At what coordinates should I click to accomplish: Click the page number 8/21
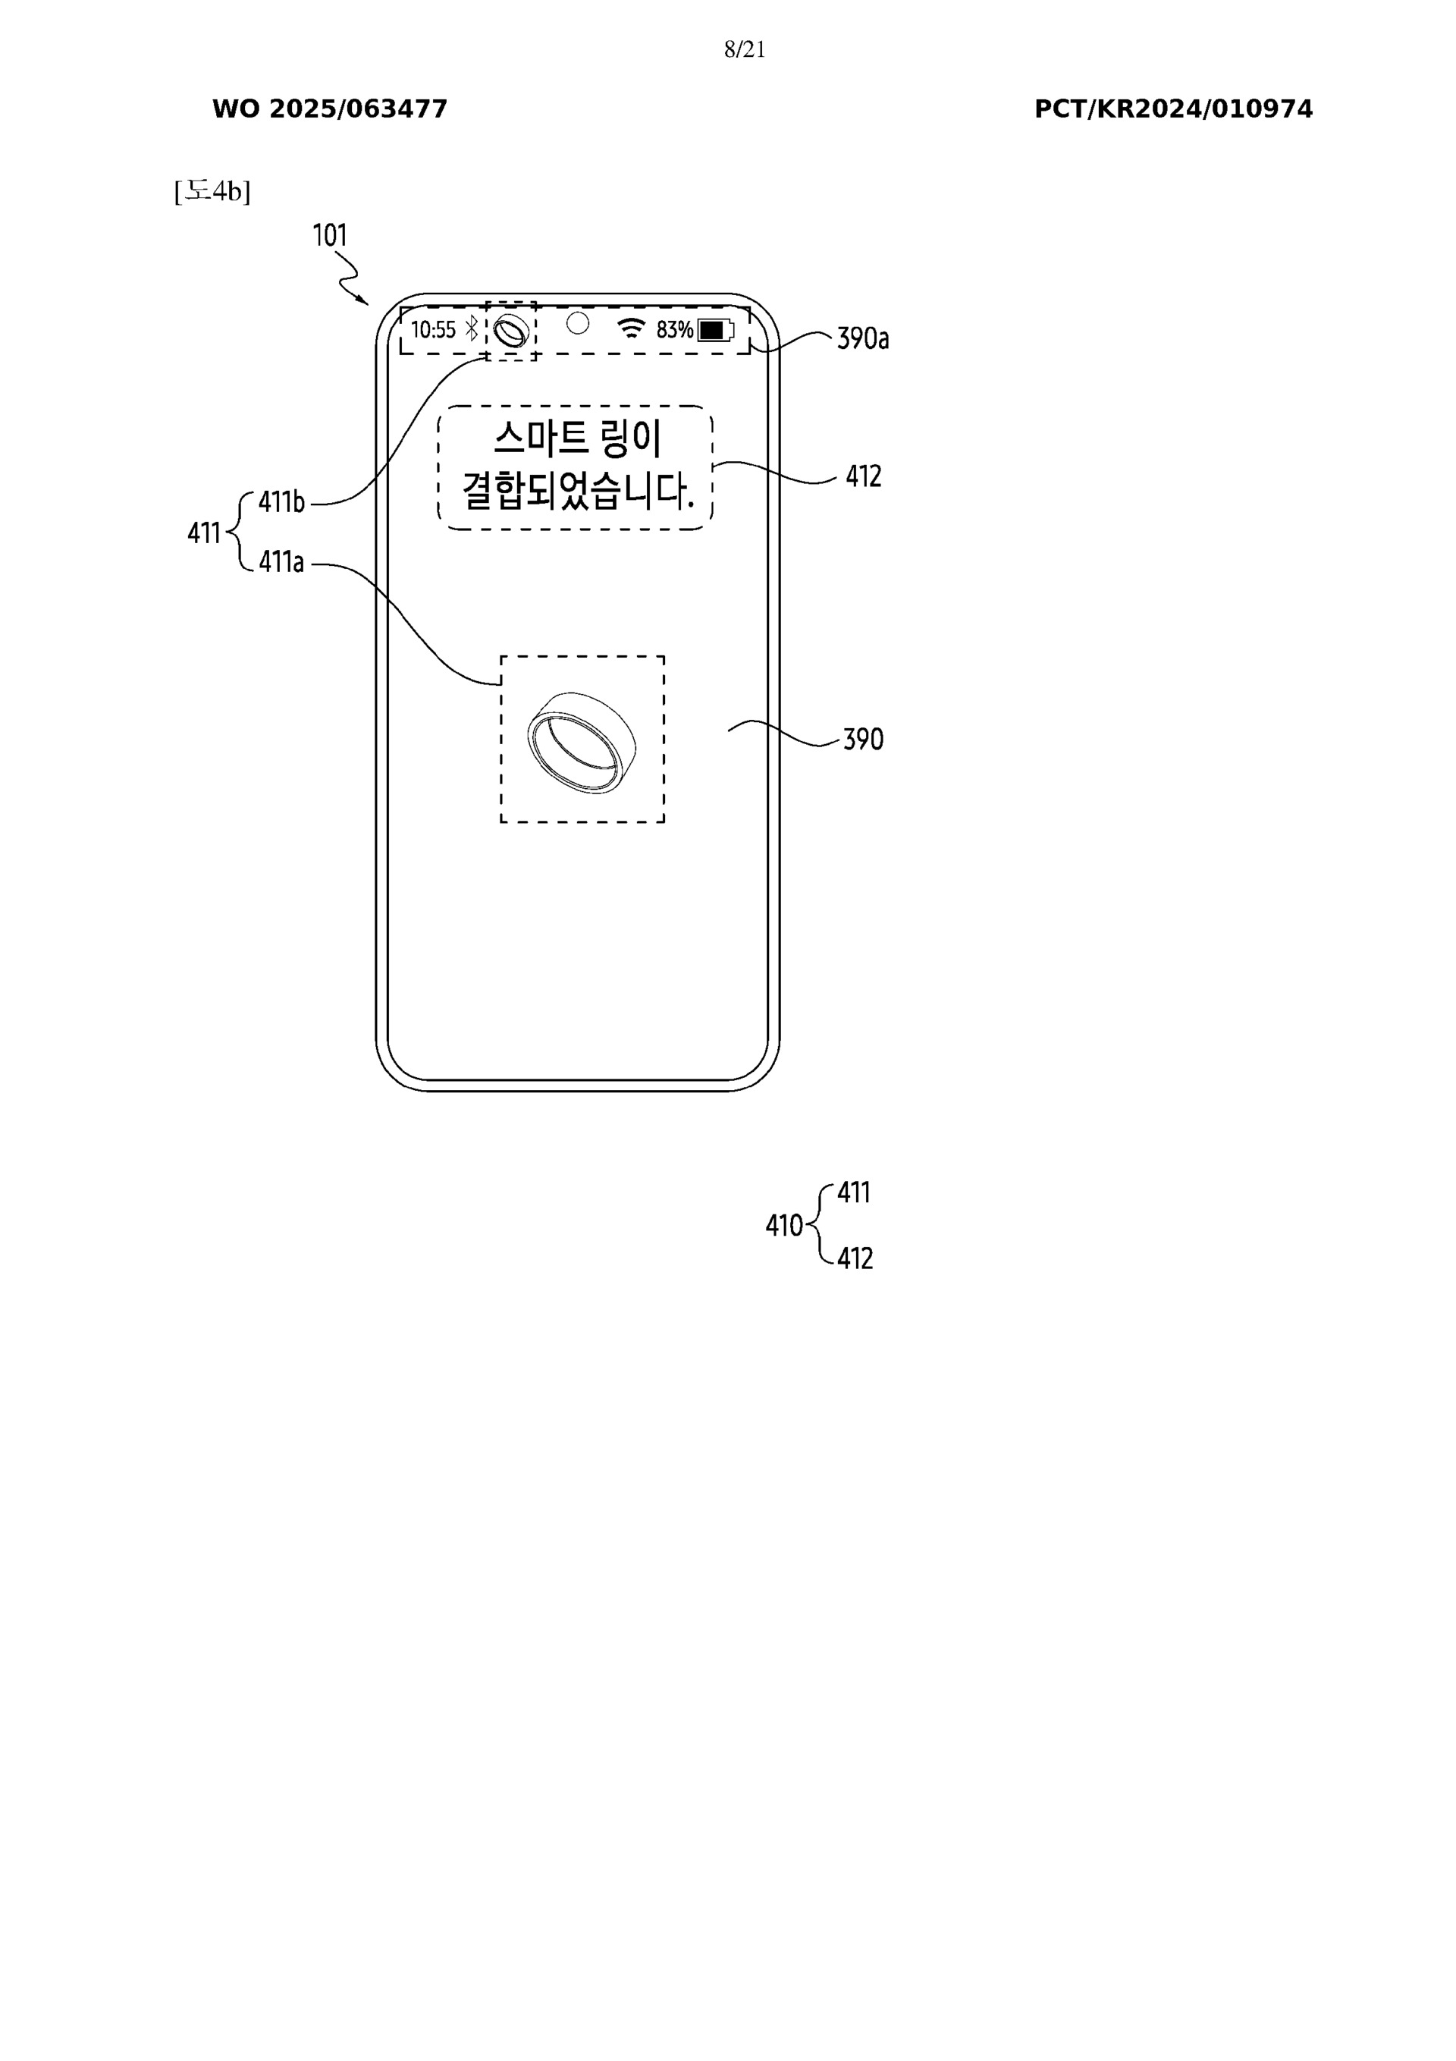tap(744, 49)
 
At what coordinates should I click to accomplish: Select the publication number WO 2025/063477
tap(329, 109)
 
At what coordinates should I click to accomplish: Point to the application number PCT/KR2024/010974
tap(1172, 109)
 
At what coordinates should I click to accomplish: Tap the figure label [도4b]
tap(212, 191)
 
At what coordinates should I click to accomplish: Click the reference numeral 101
tap(329, 236)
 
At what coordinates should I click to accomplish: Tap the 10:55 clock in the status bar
tap(434, 330)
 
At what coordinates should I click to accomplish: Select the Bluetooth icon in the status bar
tap(471, 329)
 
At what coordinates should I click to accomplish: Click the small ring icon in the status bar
tap(512, 331)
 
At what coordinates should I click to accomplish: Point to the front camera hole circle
tap(578, 323)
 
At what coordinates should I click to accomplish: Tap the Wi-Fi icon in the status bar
tap(632, 328)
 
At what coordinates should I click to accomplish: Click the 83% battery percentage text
tap(674, 330)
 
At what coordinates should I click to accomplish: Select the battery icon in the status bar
tap(715, 330)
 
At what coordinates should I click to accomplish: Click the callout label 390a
tap(863, 339)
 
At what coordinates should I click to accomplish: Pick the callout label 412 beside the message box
tap(863, 476)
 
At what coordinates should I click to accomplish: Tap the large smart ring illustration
tap(582, 743)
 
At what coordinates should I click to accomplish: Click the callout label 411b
tap(282, 503)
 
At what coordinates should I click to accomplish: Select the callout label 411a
tap(281, 563)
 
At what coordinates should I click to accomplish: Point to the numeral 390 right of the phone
tap(863, 740)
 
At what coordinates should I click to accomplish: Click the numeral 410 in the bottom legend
tap(783, 1225)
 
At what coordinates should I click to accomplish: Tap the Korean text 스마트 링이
tap(577, 439)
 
